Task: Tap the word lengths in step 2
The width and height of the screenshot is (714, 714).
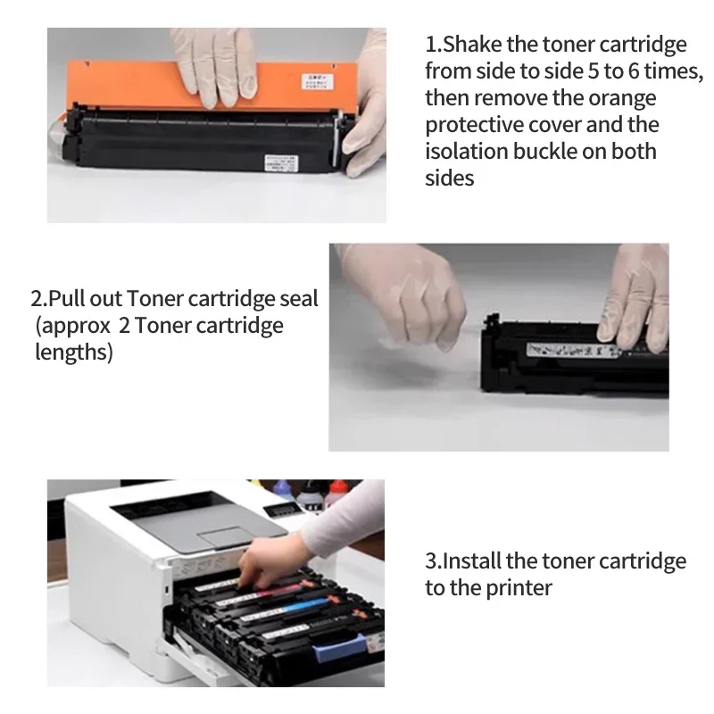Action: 74,353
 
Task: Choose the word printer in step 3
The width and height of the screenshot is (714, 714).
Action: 519,588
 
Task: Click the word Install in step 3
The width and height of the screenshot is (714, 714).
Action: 472,561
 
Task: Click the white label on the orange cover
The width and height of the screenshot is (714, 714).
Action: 317,81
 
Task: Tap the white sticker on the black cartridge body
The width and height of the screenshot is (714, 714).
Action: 281,163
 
